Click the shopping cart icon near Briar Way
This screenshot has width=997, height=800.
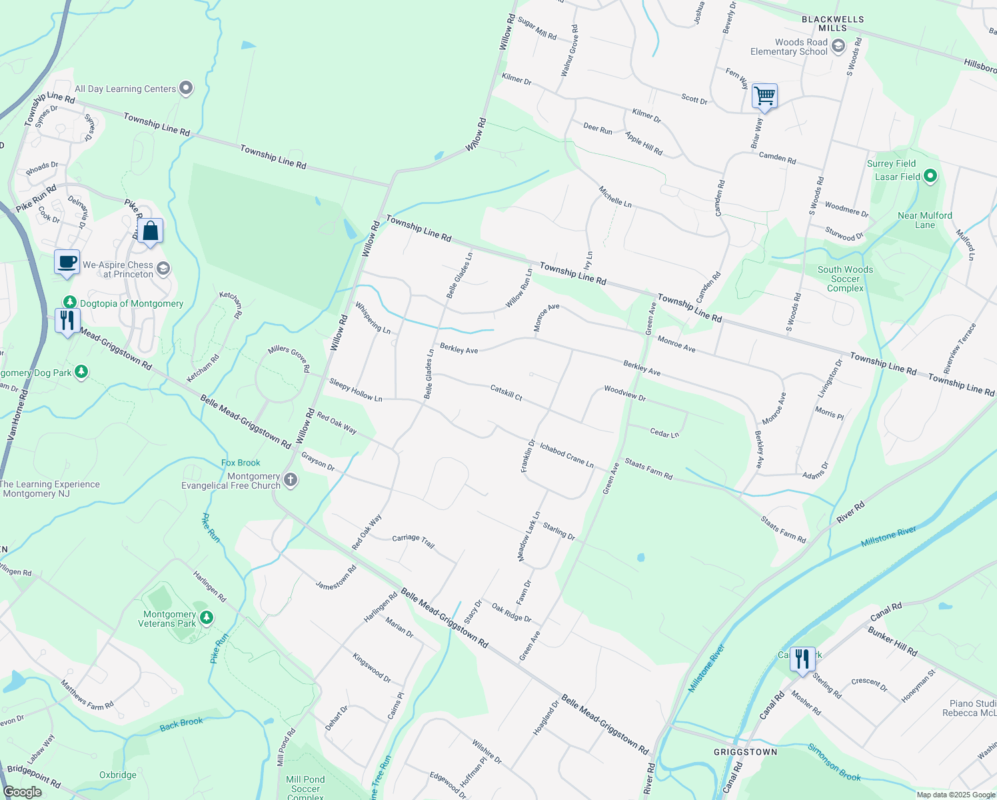point(764,96)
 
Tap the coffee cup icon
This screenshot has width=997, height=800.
point(67,261)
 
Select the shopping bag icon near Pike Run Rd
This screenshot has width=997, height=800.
point(151,231)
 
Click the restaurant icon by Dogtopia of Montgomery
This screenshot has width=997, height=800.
point(67,321)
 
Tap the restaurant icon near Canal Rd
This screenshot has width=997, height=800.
point(802,659)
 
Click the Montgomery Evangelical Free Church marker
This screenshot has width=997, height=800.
point(291,480)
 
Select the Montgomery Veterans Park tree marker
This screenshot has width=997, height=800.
point(207,618)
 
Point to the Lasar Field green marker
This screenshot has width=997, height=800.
point(930,177)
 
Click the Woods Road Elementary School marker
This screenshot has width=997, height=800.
point(838,46)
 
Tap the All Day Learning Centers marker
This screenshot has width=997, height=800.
point(186,88)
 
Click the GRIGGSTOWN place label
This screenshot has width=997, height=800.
point(745,752)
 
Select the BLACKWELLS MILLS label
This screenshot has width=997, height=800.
point(832,23)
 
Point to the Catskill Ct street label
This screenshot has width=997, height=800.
point(506,392)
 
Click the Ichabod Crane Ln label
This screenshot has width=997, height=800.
point(566,455)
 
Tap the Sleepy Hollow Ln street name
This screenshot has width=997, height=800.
point(356,389)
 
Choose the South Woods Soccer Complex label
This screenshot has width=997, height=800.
point(845,279)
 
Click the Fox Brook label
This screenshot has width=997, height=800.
point(241,463)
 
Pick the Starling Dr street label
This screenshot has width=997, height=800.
point(558,531)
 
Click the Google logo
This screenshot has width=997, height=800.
point(23,792)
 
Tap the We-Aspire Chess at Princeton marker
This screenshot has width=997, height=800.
point(163,269)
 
